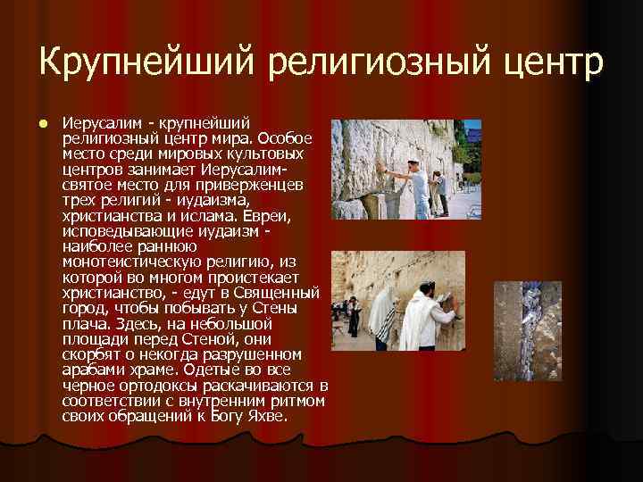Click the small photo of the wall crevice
528,330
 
